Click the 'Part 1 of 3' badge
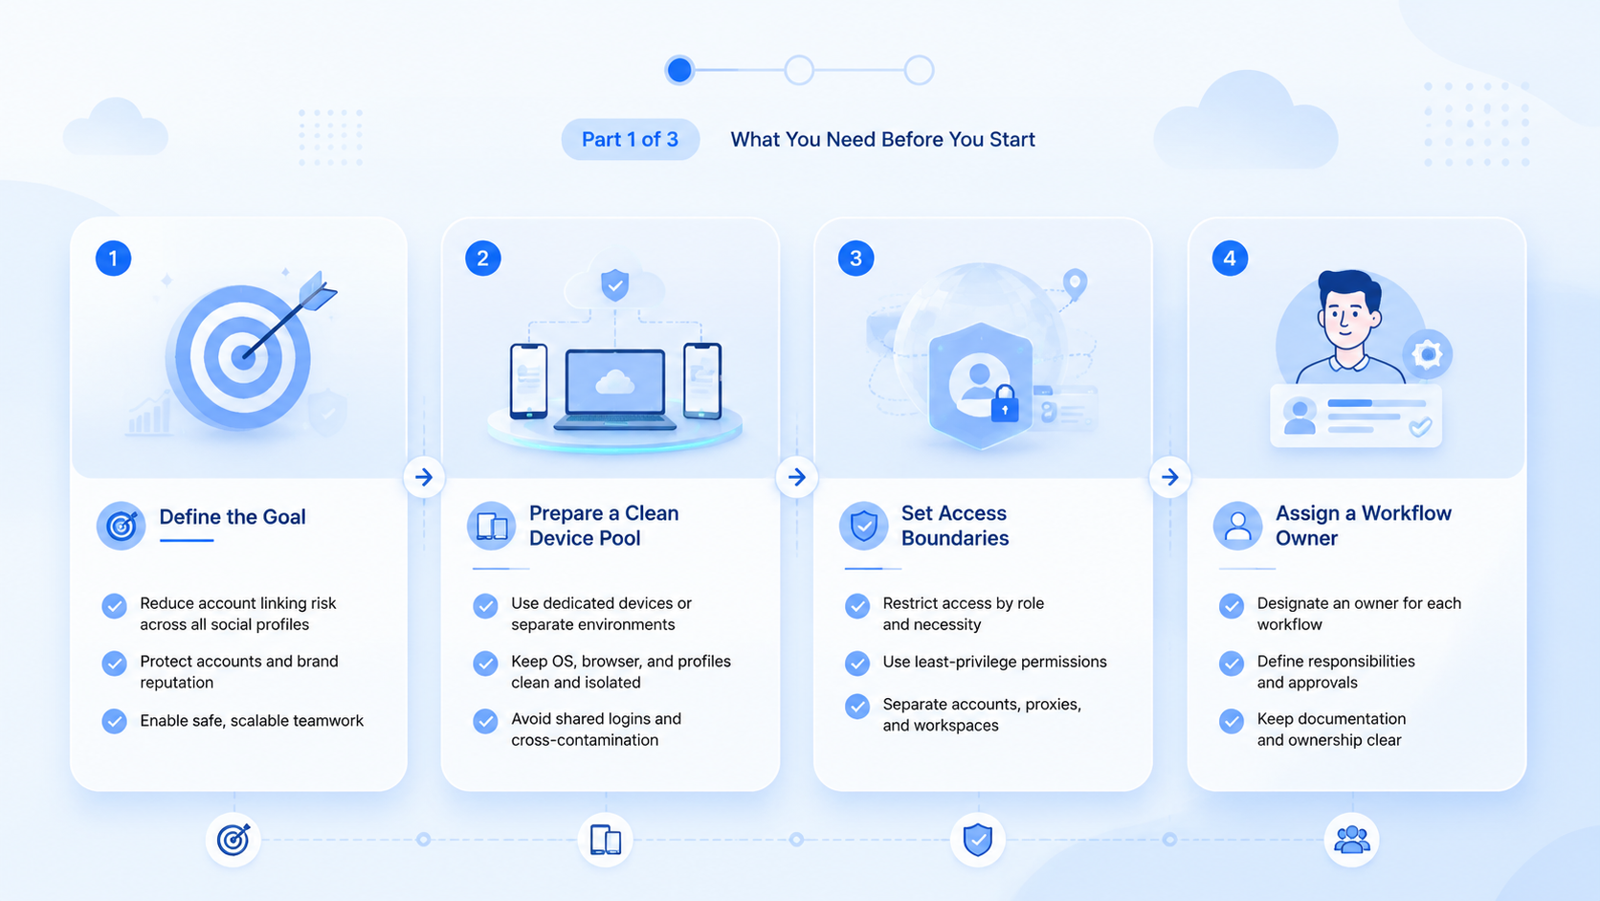pos(630,140)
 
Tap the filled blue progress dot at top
pos(679,70)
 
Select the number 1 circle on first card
pos(114,258)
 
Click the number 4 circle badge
pos(1230,258)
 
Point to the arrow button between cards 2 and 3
pos(796,477)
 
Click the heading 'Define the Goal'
pos(233,517)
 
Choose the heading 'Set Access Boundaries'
pos(954,525)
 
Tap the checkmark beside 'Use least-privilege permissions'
pos(857,664)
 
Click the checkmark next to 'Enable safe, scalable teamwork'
pos(114,721)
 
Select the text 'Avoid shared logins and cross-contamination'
pos(596,730)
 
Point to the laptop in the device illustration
pos(615,390)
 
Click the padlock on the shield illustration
pos(1004,404)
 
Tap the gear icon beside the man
pos(1427,353)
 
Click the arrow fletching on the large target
pos(319,291)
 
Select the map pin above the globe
pos(1075,283)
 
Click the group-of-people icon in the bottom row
pos(1351,840)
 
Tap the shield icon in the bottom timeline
pos(978,840)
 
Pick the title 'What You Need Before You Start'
pos(882,140)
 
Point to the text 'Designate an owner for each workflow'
pos(1359,614)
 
